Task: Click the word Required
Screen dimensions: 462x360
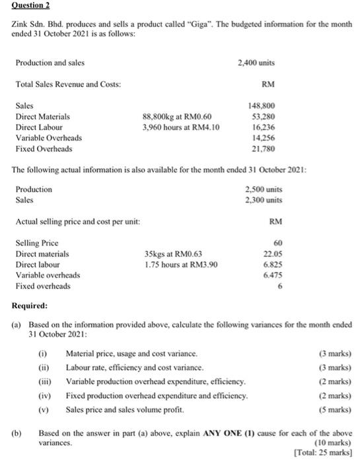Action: pos(30,306)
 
